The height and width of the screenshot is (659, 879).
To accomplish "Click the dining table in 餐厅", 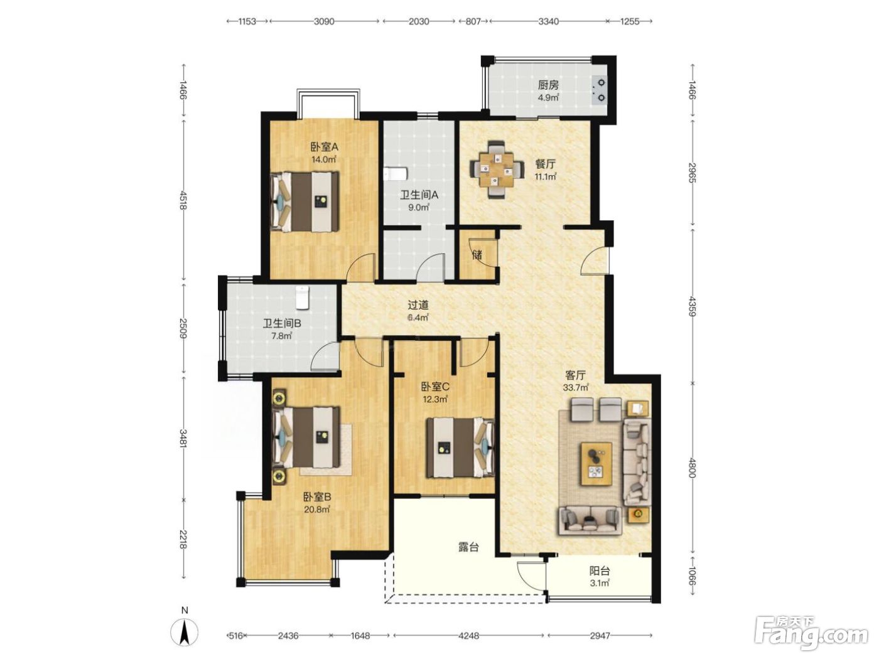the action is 497,169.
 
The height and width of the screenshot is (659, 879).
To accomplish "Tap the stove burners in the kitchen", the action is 600,90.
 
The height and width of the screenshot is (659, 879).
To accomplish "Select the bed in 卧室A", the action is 305,201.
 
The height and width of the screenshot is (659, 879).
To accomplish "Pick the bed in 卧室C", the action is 460,447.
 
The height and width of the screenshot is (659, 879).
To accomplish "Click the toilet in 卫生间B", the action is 303,297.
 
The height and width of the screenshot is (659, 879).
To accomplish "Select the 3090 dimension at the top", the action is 323,21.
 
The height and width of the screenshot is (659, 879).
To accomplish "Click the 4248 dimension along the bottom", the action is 468,636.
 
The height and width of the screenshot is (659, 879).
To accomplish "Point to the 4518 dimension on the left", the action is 184,200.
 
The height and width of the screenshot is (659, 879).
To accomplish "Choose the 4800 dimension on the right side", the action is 693,467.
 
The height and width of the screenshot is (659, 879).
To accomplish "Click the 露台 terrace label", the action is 468,547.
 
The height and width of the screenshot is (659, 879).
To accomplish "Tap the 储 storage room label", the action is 477,254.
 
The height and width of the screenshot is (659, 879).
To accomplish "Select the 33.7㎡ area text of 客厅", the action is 576,387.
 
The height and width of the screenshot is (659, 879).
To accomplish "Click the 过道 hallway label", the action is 418,305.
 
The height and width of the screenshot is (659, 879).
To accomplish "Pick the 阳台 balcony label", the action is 600,571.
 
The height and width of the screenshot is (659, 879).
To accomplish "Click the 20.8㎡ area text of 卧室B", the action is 317,510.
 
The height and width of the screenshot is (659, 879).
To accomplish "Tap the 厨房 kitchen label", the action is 548,85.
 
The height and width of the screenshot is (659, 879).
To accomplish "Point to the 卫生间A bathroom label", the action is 419,195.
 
